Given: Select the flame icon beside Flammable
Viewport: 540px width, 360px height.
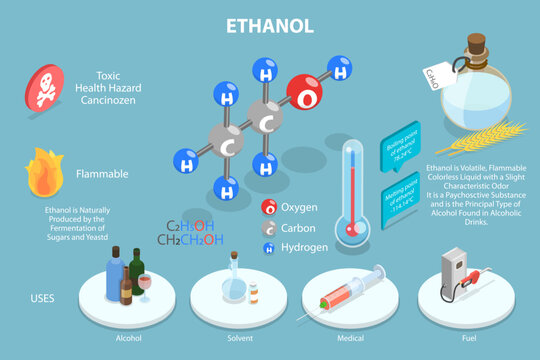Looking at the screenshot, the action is pyautogui.click(x=45, y=172).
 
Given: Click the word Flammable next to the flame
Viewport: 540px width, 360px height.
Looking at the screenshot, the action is pyautogui.click(x=102, y=174).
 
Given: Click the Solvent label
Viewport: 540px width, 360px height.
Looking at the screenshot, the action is pyautogui.click(x=239, y=339).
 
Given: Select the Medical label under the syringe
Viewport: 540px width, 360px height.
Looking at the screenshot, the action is pyautogui.click(x=350, y=339).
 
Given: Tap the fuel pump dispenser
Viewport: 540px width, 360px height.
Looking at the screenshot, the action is pyautogui.click(x=455, y=271).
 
